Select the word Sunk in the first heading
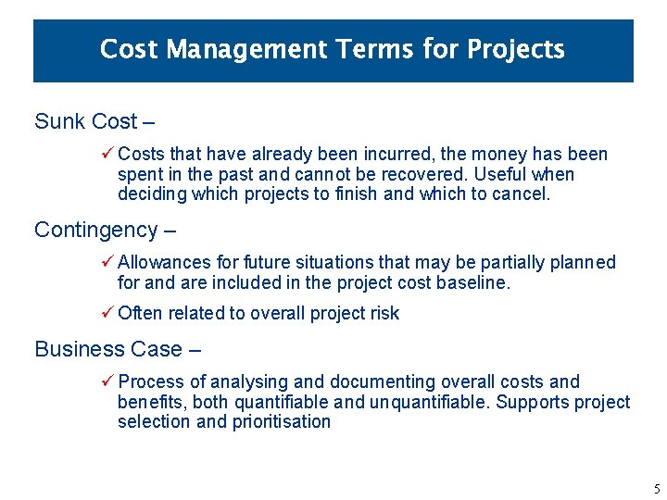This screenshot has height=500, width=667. [57, 121]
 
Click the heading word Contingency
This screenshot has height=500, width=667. [96, 230]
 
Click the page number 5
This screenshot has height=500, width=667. [656, 489]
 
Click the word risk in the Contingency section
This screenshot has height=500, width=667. [384, 313]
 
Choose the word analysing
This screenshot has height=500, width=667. [250, 381]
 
